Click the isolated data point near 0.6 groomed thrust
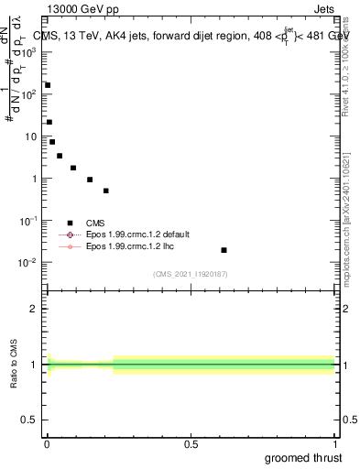pyautogui.click(x=224, y=250)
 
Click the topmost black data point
pyautogui.click(x=48, y=85)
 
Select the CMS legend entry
pyautogui.click(x=95, y=223)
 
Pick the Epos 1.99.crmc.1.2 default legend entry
pyautogui.click(x=133, y=234)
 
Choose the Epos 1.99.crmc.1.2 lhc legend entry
pyautogui.click(x=127, y=246)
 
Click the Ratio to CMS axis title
pyautogui.click(x=14, y=364)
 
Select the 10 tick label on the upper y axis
pyautogui.click(x=29, y=136)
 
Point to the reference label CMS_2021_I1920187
pyautogui.click(x=190, y=274)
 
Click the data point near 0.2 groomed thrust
pyautogui.click(x=106, y=191)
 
